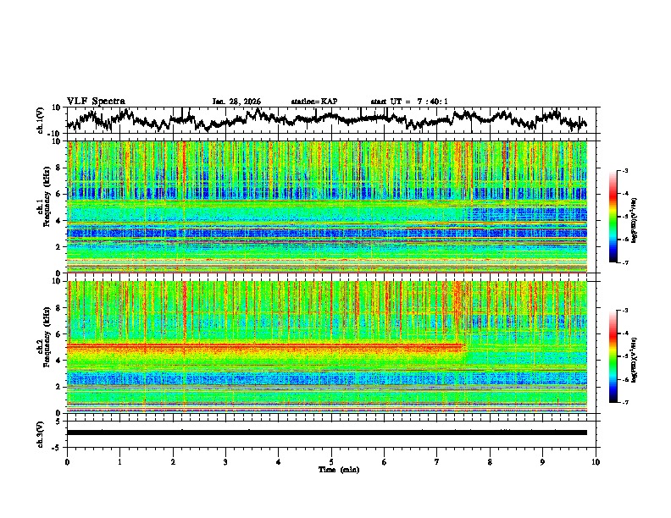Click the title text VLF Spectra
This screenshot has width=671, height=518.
tap(96, 101)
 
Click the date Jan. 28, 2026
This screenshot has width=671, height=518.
tap(236, 102)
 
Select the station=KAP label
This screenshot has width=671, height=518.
tap(314, 102)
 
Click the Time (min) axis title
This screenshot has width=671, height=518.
tap(331, 469)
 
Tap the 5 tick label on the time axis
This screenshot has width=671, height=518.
tap(331, 461)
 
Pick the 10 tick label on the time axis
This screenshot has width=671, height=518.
tap(596, 461)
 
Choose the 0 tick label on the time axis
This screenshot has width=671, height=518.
tap(67, 461)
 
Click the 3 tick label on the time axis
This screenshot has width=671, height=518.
tap(225, 461)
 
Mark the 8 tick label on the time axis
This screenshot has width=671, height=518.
tap(490, 461)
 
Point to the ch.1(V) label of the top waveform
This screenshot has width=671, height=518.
tap(41, 120)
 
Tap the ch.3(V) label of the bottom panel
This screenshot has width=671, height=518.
tap(41, 432)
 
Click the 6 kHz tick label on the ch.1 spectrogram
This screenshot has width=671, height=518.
tap(58, 194)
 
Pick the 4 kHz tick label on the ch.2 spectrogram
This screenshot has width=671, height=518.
tap(58, 360)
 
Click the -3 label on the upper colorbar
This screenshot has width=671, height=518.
tap(624, 172)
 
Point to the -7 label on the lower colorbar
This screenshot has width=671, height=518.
tap(624, 403)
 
